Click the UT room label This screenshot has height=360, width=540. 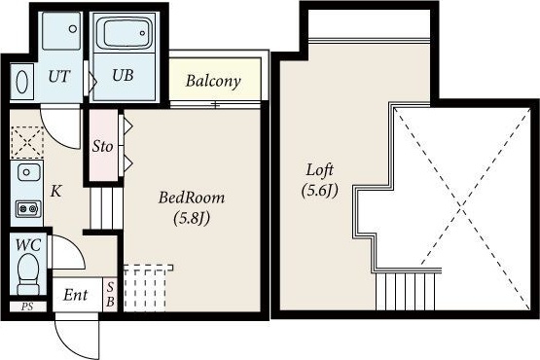point(59,77)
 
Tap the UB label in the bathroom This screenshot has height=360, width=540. point(123,75)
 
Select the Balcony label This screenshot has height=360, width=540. point(213,82)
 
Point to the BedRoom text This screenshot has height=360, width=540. point(192,198)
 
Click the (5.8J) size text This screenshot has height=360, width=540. point(192,218)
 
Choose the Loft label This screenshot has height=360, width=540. point(320,170)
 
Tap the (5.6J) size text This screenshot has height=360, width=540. point(319,191)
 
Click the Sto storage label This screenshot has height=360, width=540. point(102,147)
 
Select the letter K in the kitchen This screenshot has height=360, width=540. point(56,191)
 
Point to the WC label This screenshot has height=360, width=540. point(28,245)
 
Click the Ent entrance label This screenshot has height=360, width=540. point(76,295)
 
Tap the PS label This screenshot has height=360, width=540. point(27,306)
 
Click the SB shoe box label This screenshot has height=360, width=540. point(110,295)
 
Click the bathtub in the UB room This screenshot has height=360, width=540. point(125,33)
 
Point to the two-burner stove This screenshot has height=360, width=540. point(28,209)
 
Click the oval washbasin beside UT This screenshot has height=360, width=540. point(22,82)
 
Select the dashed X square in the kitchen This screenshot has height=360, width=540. point(27,141)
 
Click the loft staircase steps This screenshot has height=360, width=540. point(406,292)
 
